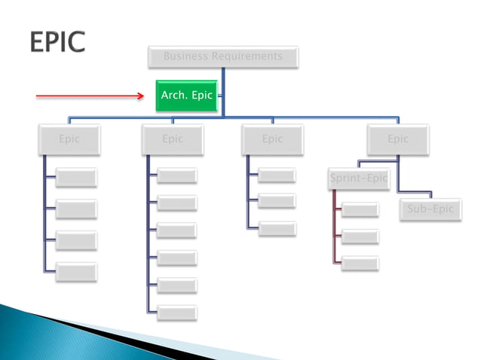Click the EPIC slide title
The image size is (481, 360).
pos(58,43)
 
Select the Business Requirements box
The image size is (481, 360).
pos(222,56)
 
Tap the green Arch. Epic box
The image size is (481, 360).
pos(186,96)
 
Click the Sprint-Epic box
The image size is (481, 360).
pos(359,178)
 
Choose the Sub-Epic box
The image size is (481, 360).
pos(430,209)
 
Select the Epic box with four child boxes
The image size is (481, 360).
pos(69,139)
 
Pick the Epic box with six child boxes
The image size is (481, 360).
pos(173,139)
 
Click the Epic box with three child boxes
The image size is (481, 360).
pos(272,139)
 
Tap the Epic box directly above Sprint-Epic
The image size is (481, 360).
pos(398,139)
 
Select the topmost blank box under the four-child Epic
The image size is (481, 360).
pos(76,178)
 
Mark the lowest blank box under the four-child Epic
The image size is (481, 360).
pos(76,271)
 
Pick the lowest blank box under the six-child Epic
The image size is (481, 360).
pos(177,311)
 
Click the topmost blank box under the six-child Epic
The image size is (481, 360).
pos(177,176)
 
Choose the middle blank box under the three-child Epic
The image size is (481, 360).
pos(277,202)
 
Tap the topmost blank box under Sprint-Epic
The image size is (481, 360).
pos(360,210)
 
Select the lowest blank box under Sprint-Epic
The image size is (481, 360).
pos(360,264)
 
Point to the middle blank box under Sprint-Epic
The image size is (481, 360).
pos(360,237)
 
